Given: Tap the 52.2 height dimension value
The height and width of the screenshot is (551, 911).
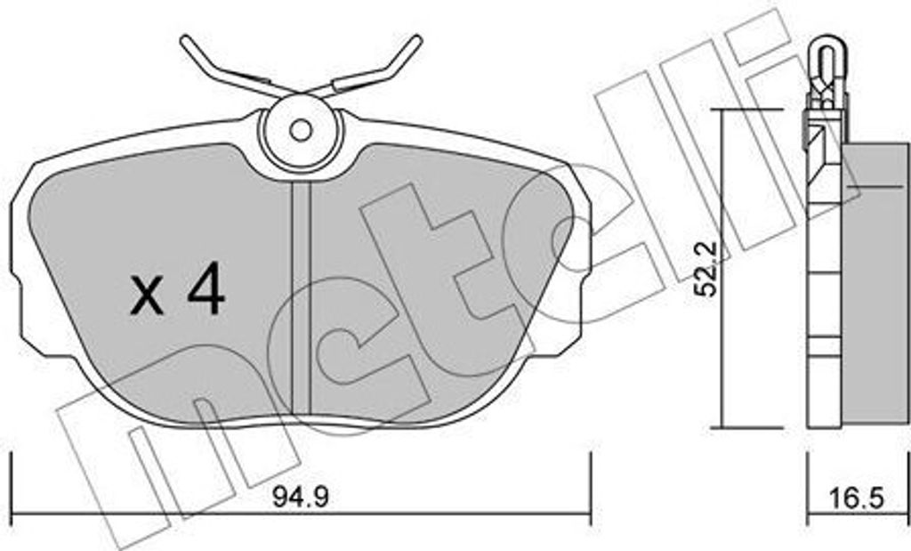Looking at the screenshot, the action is coord(707,269).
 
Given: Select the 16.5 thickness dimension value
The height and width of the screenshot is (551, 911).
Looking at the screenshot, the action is coord(857,498).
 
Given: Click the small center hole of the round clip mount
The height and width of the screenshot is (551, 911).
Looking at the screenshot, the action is coord(301,131).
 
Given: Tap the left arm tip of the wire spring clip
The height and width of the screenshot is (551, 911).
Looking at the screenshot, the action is coord(185,41).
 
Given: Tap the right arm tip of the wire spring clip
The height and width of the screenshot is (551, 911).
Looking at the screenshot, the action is coord(416,40).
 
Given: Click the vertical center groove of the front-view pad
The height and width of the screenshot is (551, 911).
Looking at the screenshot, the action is coord(301,297).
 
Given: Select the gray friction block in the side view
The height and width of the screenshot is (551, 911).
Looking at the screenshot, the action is coord(875,285).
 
